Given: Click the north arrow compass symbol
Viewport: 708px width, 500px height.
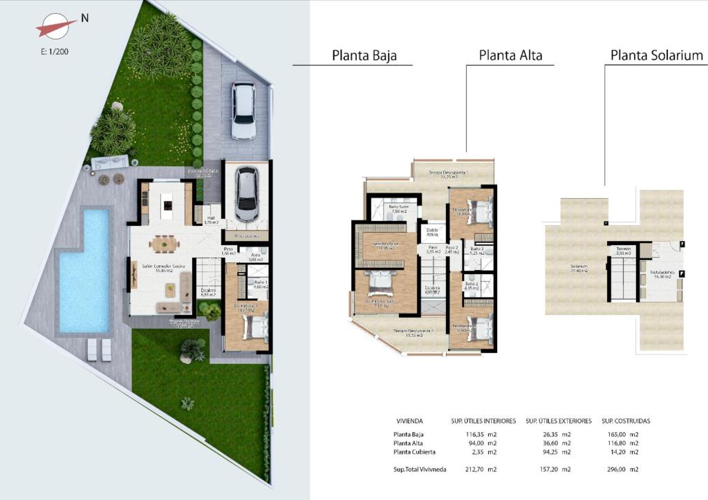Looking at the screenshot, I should (57, 27).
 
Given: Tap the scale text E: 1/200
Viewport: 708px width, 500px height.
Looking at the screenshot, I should (55, 51).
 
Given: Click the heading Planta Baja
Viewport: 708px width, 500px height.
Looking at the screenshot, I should (364, 55).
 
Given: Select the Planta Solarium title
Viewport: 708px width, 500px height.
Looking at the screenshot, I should (657, 55).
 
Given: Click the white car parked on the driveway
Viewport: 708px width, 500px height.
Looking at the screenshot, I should (243, 110).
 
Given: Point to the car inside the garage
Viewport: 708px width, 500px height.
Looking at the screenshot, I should (247, 193).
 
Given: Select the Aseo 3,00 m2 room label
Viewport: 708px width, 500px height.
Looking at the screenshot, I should (255, 257).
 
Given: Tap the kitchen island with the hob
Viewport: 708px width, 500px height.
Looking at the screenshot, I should (167, 202).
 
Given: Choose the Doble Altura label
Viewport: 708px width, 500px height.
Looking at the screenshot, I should (432, 233).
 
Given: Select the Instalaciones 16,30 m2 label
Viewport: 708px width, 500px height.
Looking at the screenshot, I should (660, 274).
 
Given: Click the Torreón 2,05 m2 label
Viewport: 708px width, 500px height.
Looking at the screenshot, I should (624, 251).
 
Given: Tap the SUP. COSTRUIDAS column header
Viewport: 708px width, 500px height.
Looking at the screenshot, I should (626, 421).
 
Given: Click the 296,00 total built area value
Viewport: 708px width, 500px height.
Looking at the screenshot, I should (615, 470).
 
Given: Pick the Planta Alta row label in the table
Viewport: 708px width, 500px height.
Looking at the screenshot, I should (408, 443).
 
